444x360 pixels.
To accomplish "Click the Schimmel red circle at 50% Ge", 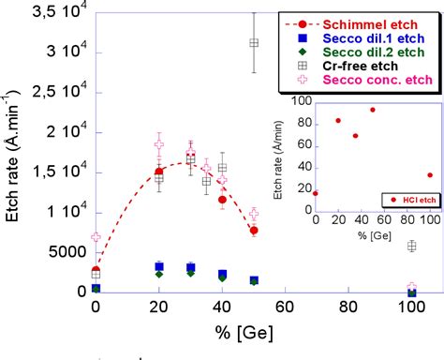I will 254,230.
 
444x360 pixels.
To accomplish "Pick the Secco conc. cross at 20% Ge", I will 158,144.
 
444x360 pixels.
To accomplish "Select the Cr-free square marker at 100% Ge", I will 411,246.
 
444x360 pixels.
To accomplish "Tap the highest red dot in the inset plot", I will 372,110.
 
